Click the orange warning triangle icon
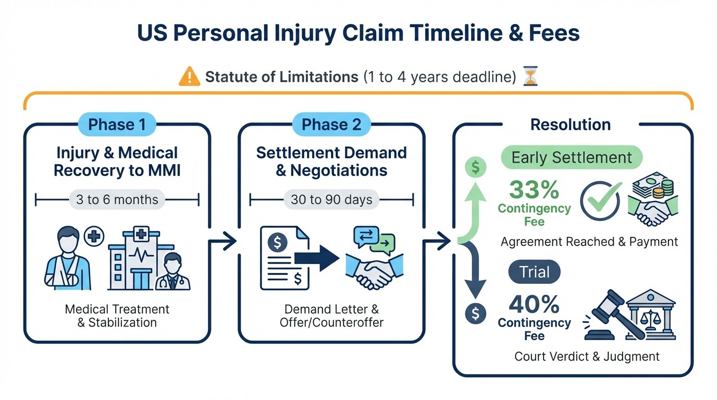[x=189, y=77]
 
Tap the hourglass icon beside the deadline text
[x=530, y=77]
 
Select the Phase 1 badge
[x=117, y=125]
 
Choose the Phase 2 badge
[x=331, y=125]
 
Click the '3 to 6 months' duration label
[x=117, y=199]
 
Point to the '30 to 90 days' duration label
[x=331, y=199]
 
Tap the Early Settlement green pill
[x=571, y=158]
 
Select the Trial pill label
[x=535, y=272]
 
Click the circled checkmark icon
[x=600, y=201]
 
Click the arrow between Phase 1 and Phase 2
[x=223, y=242]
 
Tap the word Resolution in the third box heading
[x=571, y=125]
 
